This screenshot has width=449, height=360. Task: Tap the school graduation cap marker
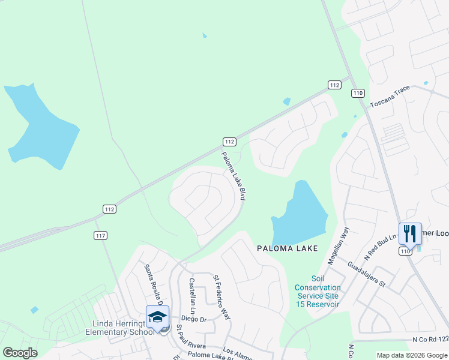tap(157, 316)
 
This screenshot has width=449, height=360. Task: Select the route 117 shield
tap(100, 235)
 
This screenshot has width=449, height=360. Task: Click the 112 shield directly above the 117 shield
tap(109, 209)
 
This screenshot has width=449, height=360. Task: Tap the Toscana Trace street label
tap(390, 96)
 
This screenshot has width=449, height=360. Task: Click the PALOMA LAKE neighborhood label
tap(286, 248)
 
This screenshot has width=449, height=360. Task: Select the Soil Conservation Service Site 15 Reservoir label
tap(318, 292)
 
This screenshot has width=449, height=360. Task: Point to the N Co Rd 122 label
tap(429, 340)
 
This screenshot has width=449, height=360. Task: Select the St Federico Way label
tap(222, 297)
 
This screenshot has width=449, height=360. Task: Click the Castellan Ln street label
tap(193, 296)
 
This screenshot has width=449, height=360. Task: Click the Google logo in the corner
tap(20, 353)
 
